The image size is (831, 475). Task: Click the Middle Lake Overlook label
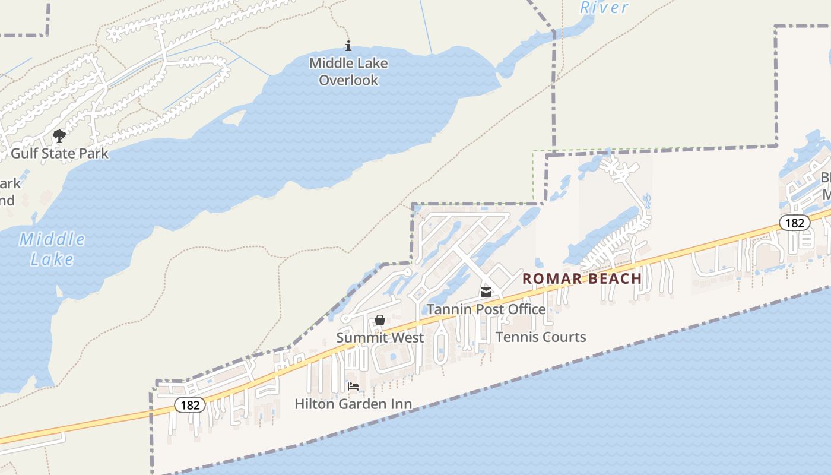click(x=348, y=71)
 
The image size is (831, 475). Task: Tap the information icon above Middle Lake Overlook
click(x=348, y=46)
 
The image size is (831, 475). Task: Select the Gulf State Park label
click(x=60, y=153)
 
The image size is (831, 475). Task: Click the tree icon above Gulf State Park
click(x=59, y=137)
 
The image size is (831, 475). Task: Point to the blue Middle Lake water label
click(x=52, y=249)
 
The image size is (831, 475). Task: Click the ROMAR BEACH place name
click(x=582, y=278)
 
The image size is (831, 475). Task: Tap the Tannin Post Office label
click(x=486, y=309)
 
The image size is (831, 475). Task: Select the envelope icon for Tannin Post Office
click(x=486, y=292)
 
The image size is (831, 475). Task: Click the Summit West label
click(x=380, y=337)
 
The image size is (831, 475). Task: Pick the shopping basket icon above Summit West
click(x=380, y=321)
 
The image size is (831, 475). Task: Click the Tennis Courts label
click(x=541, y=337)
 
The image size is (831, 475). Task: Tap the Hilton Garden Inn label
click(x=353, y=404)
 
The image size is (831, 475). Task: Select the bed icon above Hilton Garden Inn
click(x=353, y=387)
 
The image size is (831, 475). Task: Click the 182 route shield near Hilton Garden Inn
click(x=190, y=405)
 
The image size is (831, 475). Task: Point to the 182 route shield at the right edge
click(x=794, y=223)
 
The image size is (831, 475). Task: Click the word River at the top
click(x=604, y=8)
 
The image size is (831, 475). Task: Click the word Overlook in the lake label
click(x=348, y=80)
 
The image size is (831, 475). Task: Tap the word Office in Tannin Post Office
click(x=526, y=309)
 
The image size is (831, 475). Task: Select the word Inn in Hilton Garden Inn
click(x=401, y=404)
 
